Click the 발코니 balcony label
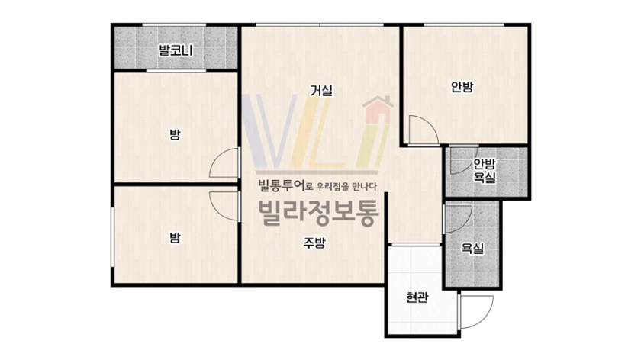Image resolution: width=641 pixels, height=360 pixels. (176, 50)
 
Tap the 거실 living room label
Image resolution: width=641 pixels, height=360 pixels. (321, 90)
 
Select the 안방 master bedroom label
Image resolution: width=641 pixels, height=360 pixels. (462, 87)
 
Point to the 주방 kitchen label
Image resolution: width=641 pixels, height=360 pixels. (314, 243)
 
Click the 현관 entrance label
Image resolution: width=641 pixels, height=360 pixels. (417, 297)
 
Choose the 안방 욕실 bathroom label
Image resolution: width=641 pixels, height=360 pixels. (485, 170)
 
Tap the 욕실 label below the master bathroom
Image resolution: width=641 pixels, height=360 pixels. (472, 249)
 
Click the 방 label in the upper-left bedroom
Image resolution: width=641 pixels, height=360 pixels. (175, 134)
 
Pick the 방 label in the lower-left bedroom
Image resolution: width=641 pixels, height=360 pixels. (175, 237)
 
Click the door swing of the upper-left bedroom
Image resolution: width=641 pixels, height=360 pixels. (217, 156)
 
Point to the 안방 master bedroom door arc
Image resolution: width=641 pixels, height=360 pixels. (431, 124)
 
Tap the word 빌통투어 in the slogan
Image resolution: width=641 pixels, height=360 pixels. (282, 185)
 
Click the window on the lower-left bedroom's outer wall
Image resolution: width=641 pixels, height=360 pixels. (112, 237)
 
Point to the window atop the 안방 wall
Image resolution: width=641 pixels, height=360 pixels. (464, 25)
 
